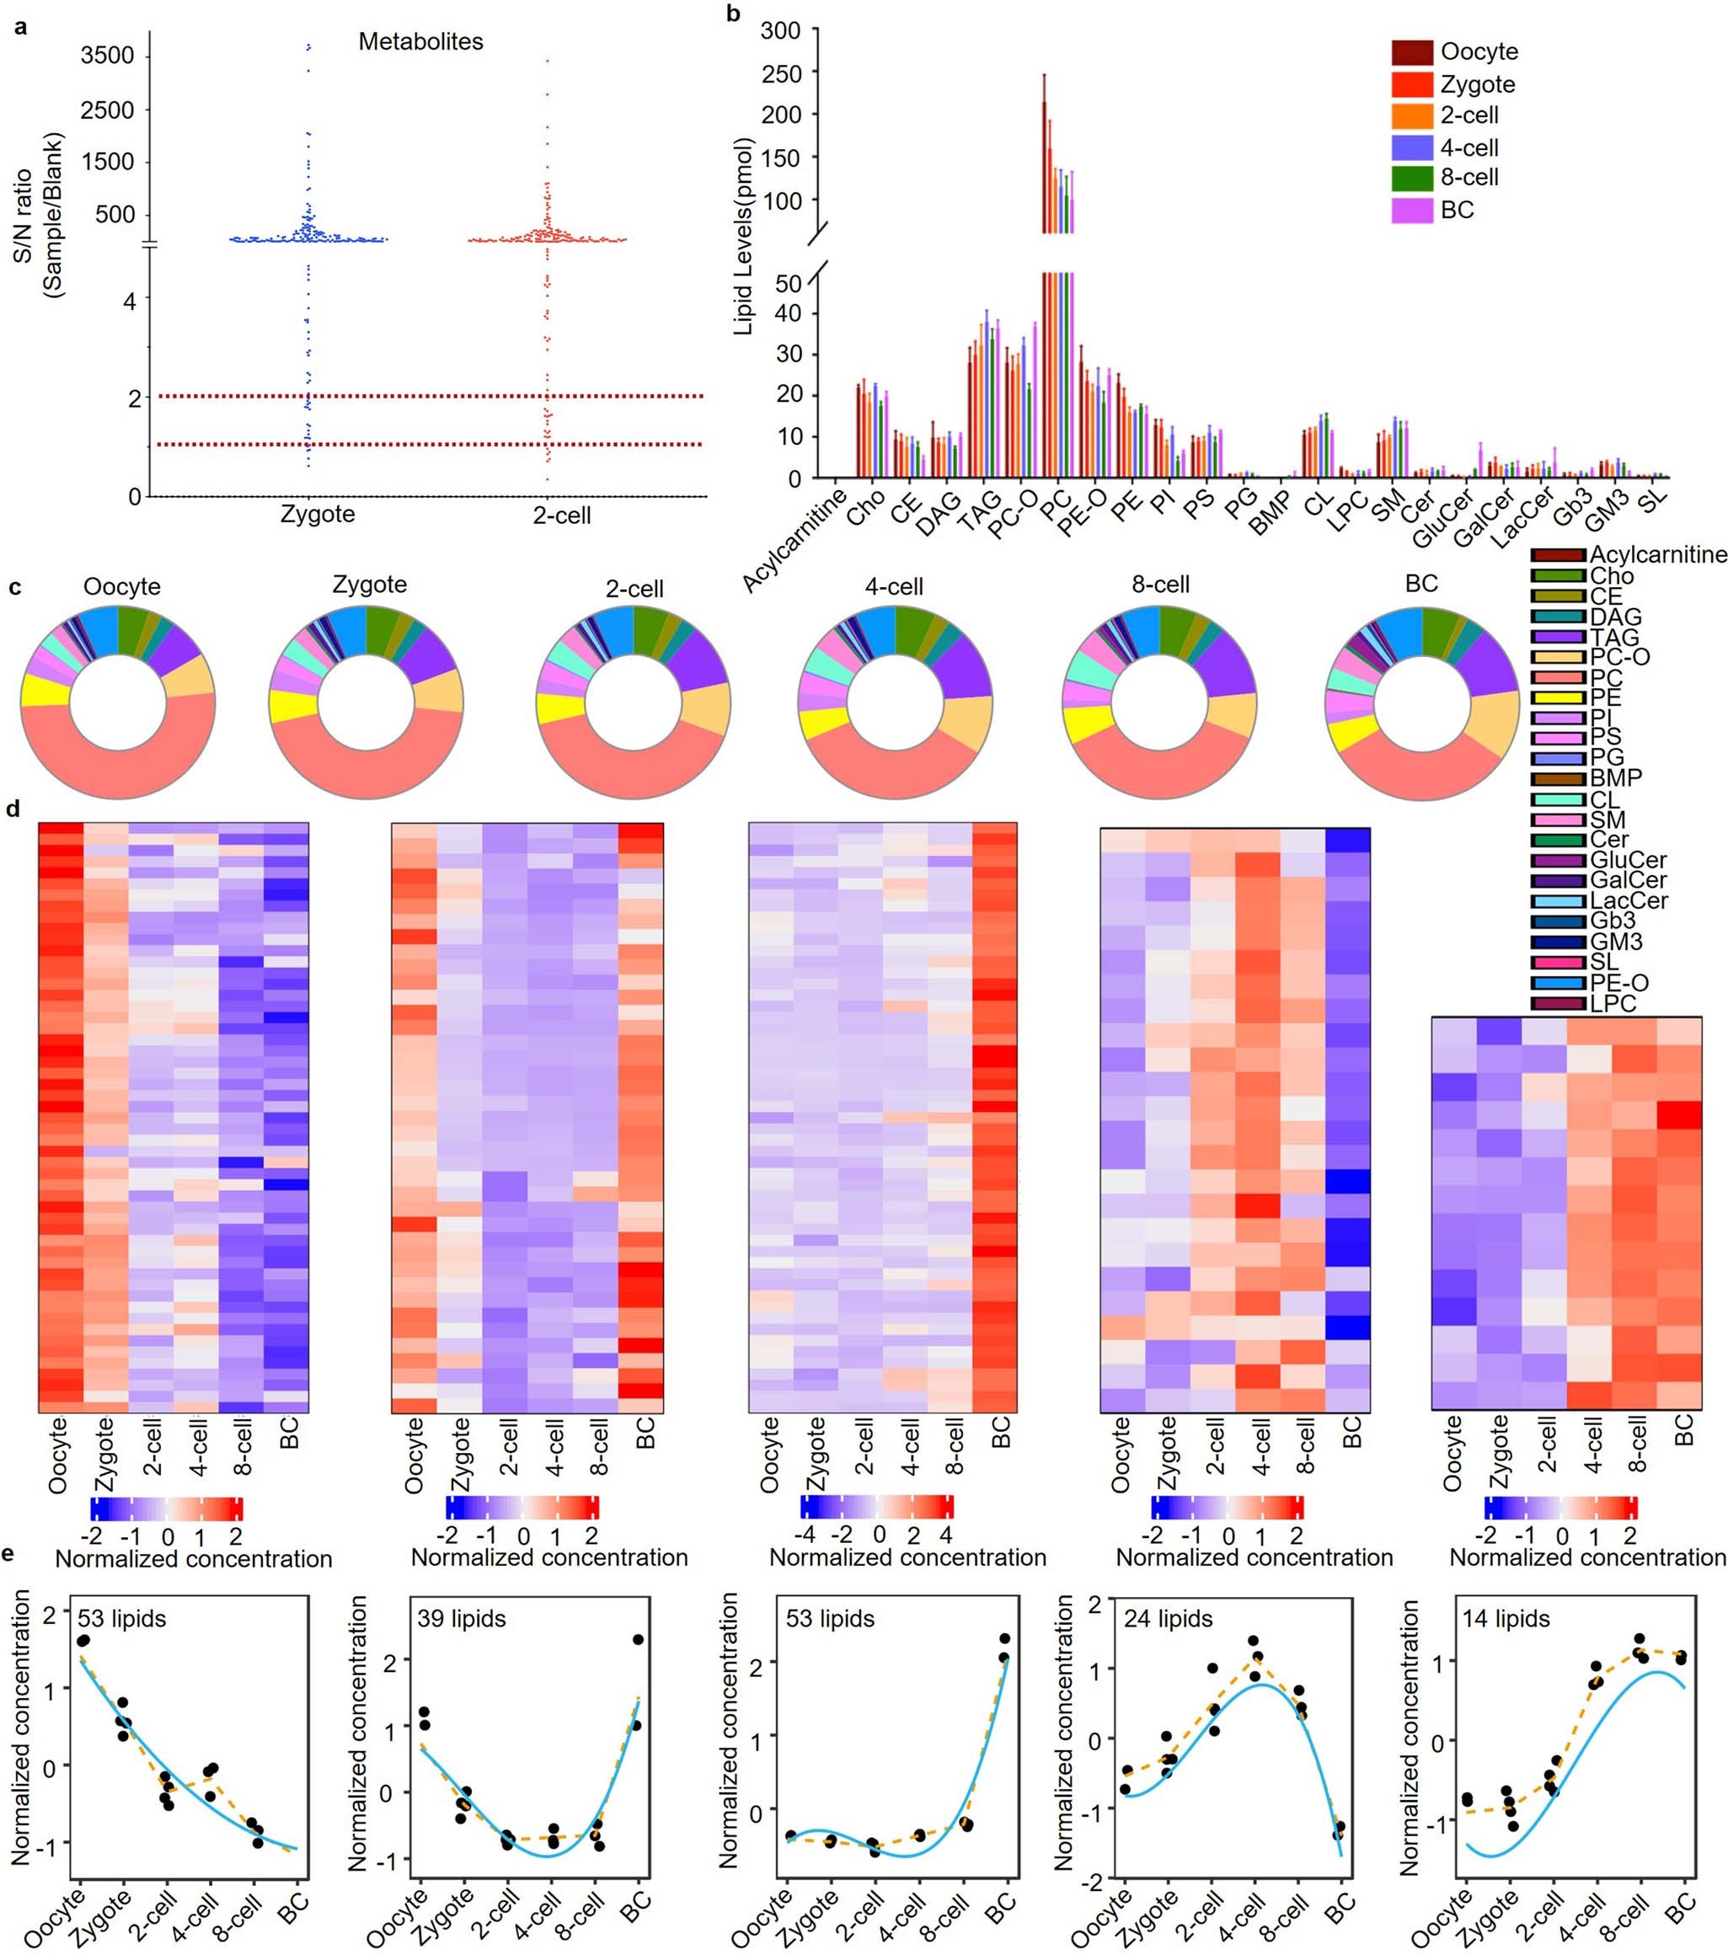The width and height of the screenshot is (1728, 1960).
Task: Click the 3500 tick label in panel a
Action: click(106, 55)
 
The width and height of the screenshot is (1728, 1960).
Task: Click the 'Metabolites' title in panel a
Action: click(420, 41)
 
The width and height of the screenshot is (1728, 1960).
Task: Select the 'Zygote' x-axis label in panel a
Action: click(318, 514)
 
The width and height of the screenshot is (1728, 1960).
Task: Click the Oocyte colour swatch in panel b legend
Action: click(1411, 51)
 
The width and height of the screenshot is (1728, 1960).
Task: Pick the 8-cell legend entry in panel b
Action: click(1469, 178)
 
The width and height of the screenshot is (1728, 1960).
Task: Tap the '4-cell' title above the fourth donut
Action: click(894, 586)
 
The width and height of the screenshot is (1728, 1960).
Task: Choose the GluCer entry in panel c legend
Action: click(1627, 860)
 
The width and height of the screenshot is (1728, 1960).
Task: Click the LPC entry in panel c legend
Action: click(1611, 1003)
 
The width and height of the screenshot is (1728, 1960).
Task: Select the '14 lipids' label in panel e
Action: click(1506, 1620)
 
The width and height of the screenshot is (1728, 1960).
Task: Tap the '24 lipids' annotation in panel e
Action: click(1167, 1620)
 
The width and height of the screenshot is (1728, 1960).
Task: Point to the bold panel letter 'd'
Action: click(13, 809)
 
